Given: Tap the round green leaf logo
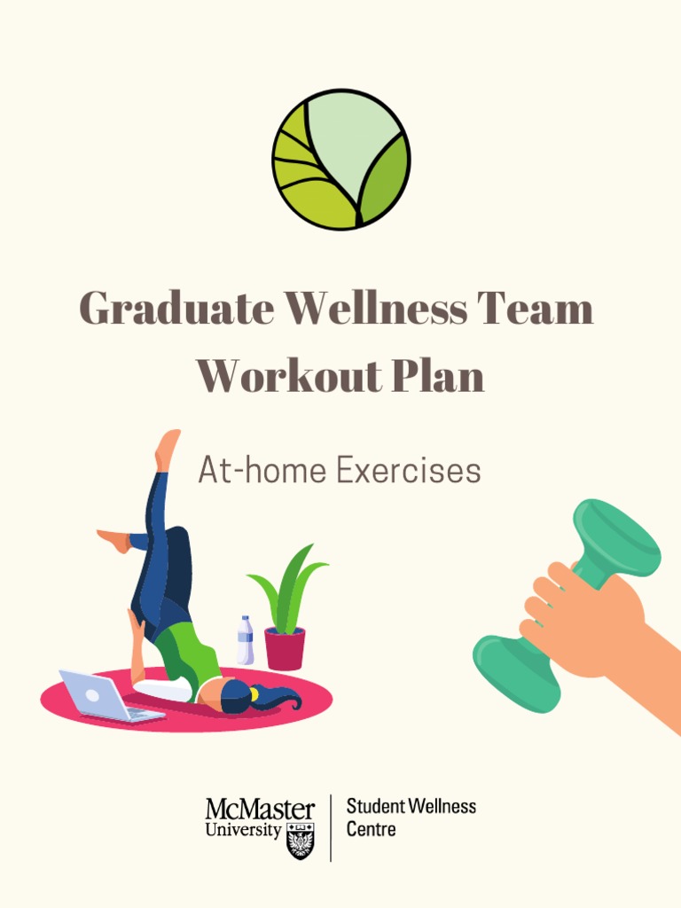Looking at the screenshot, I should (340, 160).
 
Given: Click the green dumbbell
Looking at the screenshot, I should (612, 541).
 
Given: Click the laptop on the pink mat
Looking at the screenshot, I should (102, 695).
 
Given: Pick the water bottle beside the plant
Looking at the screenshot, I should (246, 641).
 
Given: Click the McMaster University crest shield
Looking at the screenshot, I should (301, 839).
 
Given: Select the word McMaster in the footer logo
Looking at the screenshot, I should (260, 810).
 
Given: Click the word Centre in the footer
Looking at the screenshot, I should (371, 830).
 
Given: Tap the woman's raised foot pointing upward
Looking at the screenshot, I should (167, 449).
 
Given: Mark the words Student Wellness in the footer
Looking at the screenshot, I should (411, 807).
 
